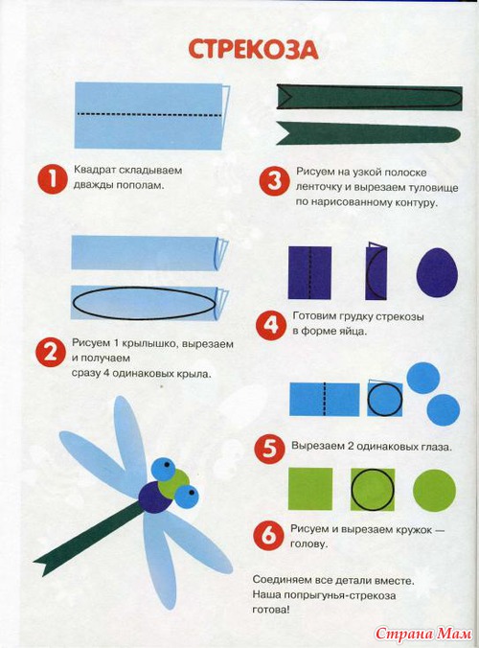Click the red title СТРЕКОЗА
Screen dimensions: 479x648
[253, 50]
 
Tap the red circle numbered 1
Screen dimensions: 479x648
[52, 178]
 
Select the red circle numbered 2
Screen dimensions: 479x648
[51, 352]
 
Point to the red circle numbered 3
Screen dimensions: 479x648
[274, 182]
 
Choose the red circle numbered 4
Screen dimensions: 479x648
[270, 325]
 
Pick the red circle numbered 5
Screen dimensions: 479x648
[269, 450]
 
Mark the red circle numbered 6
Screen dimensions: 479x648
[268, 536]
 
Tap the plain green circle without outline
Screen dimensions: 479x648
[434, 491]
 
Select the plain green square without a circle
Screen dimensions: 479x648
[310, 489]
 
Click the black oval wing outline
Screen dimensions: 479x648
[144, 303]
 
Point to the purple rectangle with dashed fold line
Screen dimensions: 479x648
[309, 272]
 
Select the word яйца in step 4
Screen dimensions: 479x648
[354, 331]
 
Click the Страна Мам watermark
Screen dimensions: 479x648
[423, 633]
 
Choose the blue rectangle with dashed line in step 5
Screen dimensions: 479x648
[325, 399]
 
